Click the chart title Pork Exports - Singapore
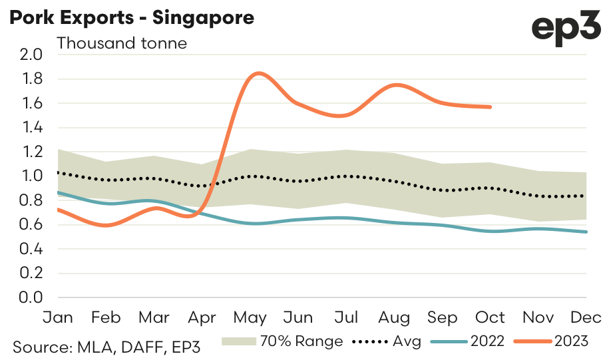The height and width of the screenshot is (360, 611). [x=131, y=18]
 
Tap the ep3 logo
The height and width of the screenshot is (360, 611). [x=567, y=29]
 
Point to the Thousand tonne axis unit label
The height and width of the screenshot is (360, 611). [x=122, y=44]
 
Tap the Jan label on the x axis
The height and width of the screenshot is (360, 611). [x=57, y=317]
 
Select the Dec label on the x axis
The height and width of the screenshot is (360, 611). [x=586, y=317]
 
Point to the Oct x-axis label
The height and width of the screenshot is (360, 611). [x=490, y=317]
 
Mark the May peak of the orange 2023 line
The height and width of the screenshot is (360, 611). [x=259, y=73]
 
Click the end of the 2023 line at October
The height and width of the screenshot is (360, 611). [x=491, y=106]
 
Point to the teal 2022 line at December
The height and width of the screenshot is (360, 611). [x=586, y=232]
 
